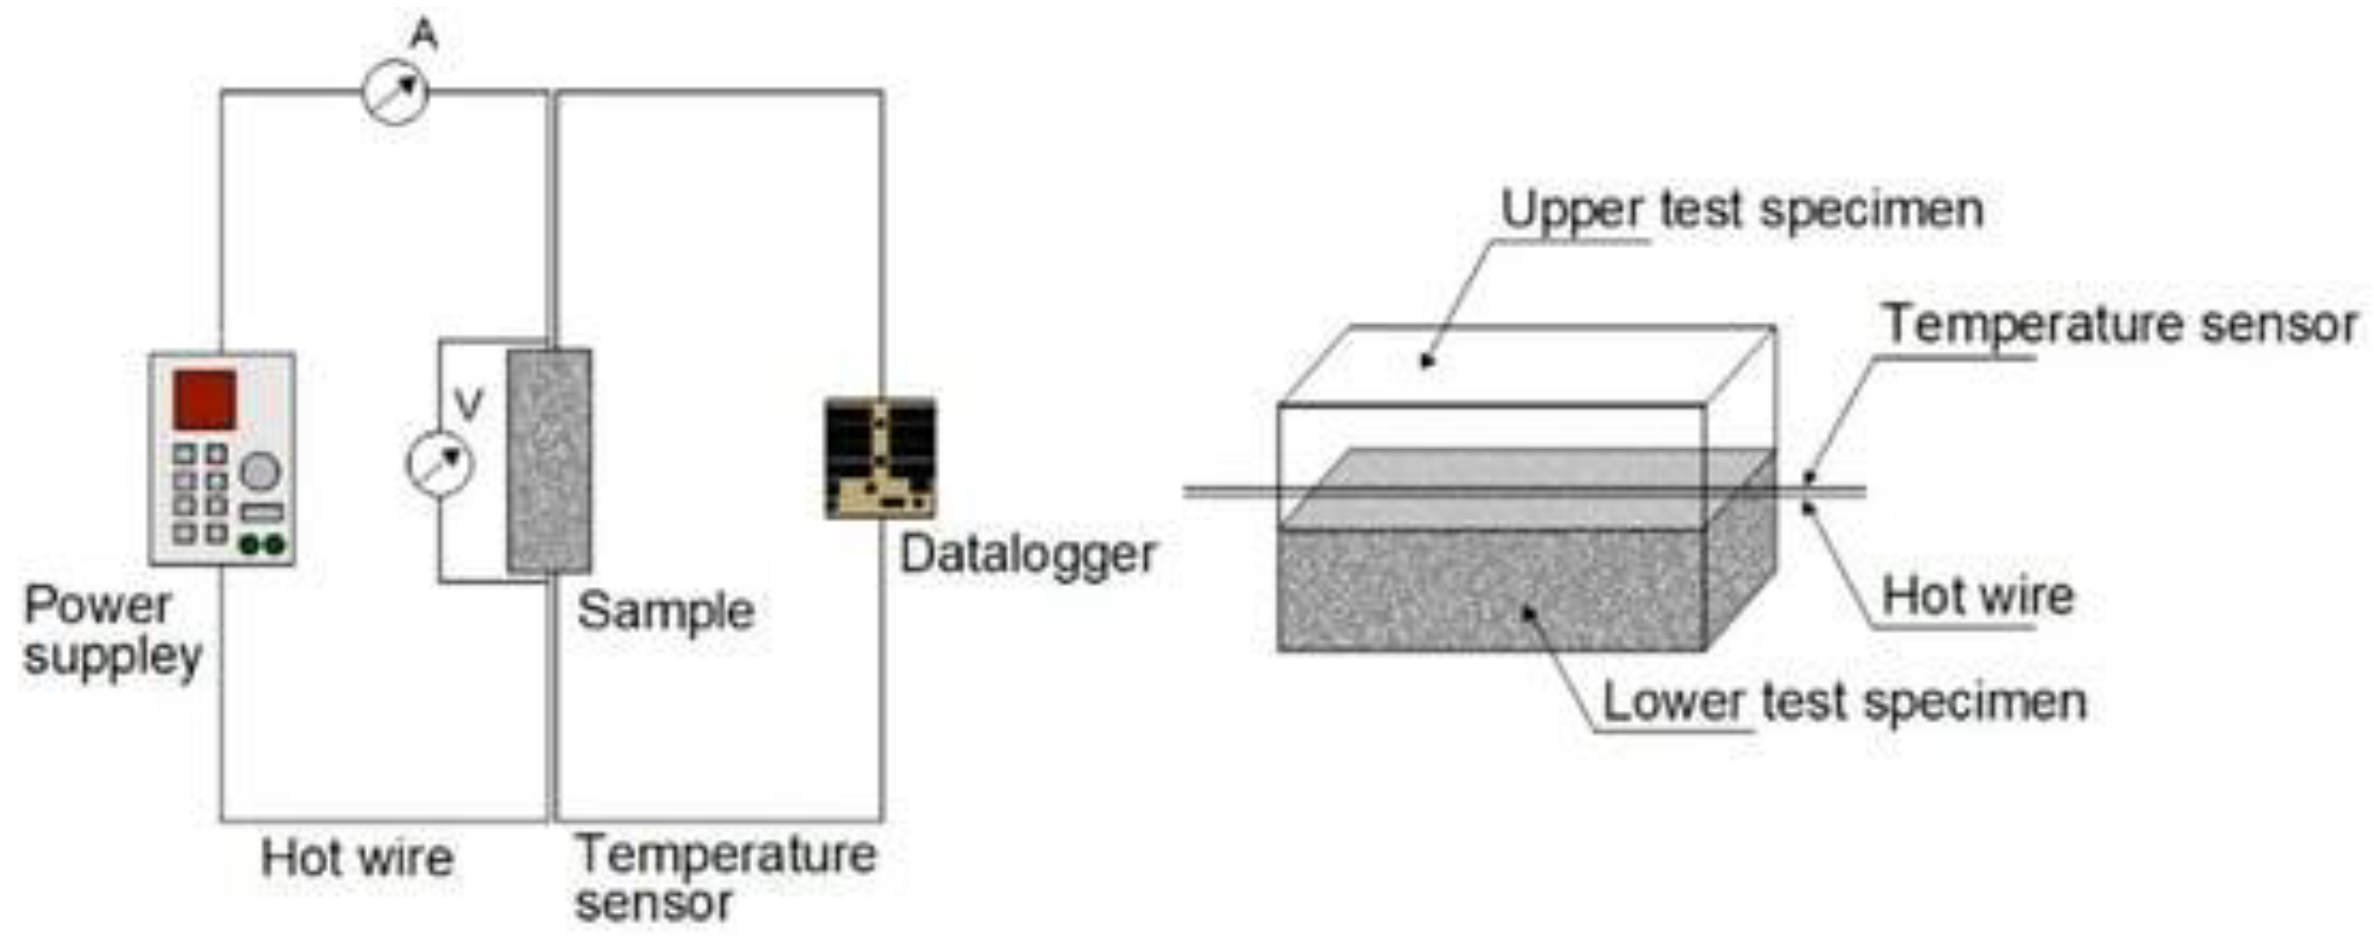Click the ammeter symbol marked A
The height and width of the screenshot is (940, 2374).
pos(394,92)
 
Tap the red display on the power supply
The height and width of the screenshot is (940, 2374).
pos(204,400)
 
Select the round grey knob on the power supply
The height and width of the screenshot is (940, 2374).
pos(260,472)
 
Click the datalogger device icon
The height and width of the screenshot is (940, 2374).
pos(880,458)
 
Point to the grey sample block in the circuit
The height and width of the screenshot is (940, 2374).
pos(549,461)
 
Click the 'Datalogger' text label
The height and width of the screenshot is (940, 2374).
pos(1027,555)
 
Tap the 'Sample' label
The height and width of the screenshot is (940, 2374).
pos(666,611)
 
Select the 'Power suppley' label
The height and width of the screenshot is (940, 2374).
pos(110,631)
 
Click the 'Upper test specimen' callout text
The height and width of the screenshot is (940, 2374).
pos(1742,210)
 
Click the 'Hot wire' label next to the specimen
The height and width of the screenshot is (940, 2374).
pos(1978,595)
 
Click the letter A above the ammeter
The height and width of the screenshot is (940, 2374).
pos(424,35)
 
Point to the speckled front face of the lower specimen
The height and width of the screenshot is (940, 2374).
pos(1491,590)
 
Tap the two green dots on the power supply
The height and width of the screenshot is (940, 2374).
pos(262,545)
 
